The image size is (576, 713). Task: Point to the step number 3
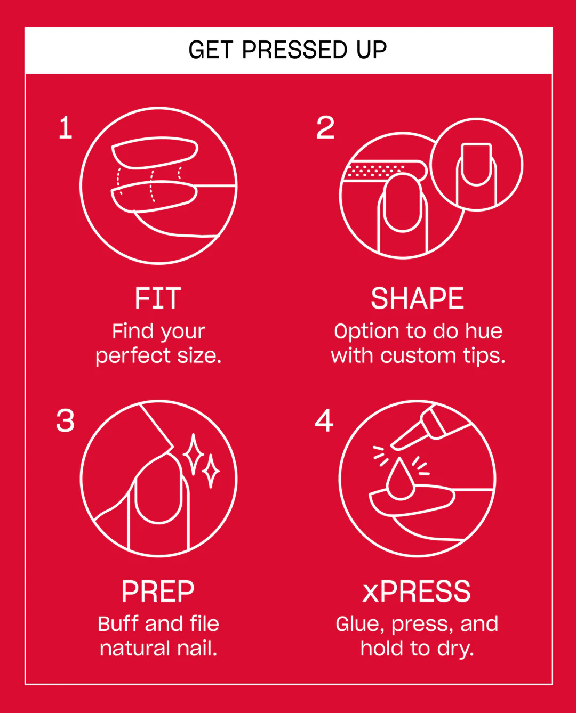coord(66,420)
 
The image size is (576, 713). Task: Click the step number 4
coord(324,420)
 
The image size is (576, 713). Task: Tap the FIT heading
coord(158,298)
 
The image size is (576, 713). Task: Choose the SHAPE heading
coord(417,298)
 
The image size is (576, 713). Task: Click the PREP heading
coord(158,592)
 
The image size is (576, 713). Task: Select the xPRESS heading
coord(417,592)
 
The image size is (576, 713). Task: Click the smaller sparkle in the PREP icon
coord(211,471)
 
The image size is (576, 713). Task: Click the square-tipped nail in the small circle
coord(476,164)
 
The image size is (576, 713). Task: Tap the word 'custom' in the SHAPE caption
coord(418,355)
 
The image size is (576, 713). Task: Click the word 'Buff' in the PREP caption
coord(118,624)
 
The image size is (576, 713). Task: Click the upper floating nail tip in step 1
coord(155,152)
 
